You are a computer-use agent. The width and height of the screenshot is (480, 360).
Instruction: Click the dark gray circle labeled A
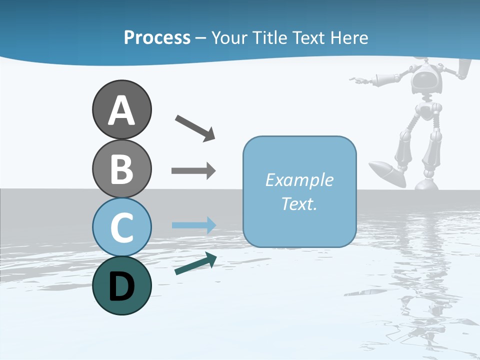click(x=121, y=109)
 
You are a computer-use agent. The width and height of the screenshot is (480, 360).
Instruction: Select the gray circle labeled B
click(x=121, y=168)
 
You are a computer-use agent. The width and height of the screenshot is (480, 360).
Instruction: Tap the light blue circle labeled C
click(x=121, y=227)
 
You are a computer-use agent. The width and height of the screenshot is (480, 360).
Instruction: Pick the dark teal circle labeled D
click(x=121, y=285)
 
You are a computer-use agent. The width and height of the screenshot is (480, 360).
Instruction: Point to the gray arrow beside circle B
click(x=193, y=171)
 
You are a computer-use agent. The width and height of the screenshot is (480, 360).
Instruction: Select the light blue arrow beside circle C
click(x=193, y=225)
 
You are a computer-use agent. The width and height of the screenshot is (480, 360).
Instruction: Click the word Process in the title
click(x=157, y=38)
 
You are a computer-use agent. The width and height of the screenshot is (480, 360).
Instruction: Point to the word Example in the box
click(x=299, y=180)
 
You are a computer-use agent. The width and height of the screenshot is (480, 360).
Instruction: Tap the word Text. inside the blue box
click(x=299, y=204)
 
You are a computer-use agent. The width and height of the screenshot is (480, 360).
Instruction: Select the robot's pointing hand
click(x=358, y=79)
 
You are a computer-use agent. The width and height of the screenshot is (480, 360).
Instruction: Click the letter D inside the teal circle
click(x=121, y=286)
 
